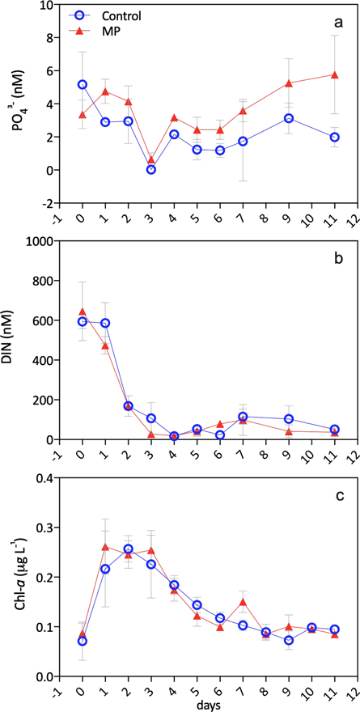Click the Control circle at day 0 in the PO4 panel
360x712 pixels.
(82, 84)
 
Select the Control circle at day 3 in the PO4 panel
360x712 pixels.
(151, 169)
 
